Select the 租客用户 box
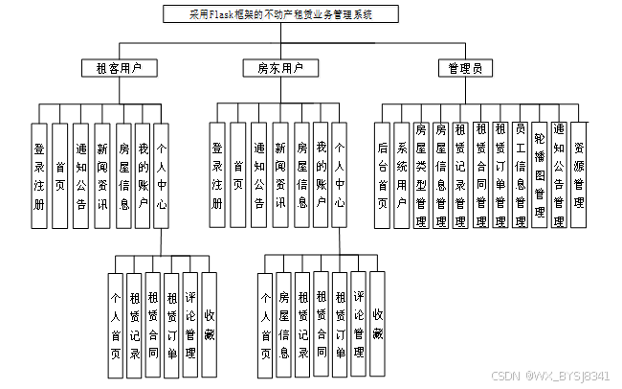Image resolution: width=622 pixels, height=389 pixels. (120, 68)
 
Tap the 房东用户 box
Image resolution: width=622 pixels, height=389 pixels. (280, 68)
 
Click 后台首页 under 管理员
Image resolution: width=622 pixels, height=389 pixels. (383, 174)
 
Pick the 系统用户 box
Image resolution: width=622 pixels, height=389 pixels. (402, 174)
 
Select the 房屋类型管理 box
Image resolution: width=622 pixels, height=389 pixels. (421, 174)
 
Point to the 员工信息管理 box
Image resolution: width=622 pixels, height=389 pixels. (520, 174)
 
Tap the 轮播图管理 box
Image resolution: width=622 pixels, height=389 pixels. (540, 174)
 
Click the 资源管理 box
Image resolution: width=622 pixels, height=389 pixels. (580, 174)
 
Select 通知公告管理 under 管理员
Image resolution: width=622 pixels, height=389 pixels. (560, 174)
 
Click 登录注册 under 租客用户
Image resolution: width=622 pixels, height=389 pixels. (39, 174)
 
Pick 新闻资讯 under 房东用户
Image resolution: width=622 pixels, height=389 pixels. (280, 174)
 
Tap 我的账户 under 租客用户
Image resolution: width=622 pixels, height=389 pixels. (144, 174)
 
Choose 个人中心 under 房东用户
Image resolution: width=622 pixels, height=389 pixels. (341, 174)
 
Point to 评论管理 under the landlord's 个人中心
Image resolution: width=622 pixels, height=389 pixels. (359, 314)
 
